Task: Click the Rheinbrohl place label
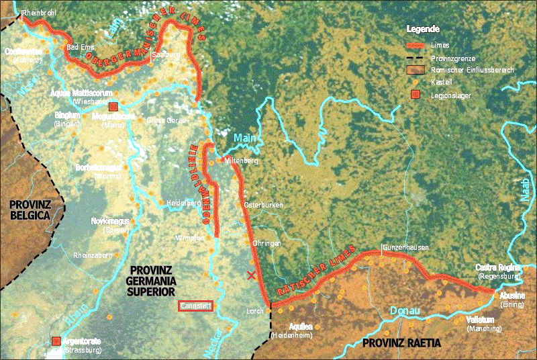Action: coord(40,13)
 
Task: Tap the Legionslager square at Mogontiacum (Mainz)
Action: coord(113,106)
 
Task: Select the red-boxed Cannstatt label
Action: coord(195,306)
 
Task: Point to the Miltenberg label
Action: coord(241,161)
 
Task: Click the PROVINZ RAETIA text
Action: coord(401,343)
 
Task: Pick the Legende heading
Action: coord(423,29)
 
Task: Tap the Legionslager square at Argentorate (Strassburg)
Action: coord(56,341)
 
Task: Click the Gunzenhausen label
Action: coord(405,248)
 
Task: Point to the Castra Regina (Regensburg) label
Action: coord(497,271)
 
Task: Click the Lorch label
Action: coord(255,311)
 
